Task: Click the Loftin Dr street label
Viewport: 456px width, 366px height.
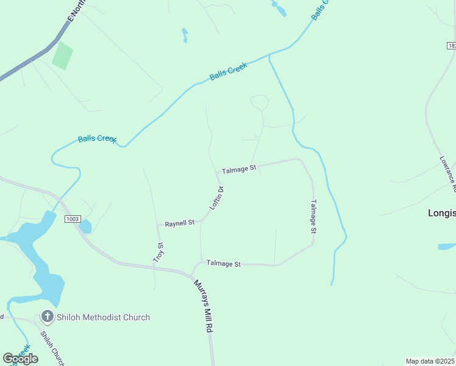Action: pos(218,198)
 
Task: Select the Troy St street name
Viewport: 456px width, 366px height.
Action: pos(161,253)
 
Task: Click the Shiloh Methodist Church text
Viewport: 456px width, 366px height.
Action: pos(103,317)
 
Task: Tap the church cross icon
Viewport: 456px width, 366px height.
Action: pos(47,317)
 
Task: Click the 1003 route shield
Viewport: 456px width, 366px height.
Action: pos(73,218)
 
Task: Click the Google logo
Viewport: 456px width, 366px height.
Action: pos(20,359)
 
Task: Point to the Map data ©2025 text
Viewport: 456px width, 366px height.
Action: pos(430,361)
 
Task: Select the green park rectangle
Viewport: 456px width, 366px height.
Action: pos(62,56)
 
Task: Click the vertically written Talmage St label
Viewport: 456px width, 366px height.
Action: pos(313,217)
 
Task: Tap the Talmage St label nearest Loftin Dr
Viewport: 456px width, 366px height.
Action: pos(239,168)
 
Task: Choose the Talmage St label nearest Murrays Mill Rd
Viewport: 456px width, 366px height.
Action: pos(224,264)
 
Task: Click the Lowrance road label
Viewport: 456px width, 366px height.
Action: pos(447,174)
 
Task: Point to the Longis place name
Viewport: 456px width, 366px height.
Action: pos(441,213)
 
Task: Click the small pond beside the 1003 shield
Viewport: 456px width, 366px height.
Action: pos(85,227)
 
